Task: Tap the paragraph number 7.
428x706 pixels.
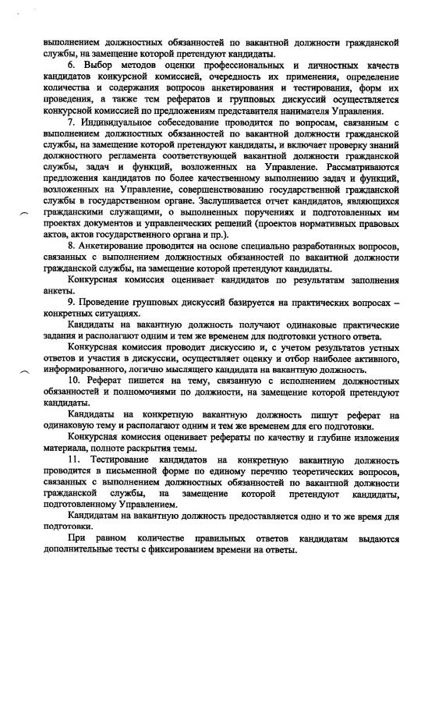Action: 71,122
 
